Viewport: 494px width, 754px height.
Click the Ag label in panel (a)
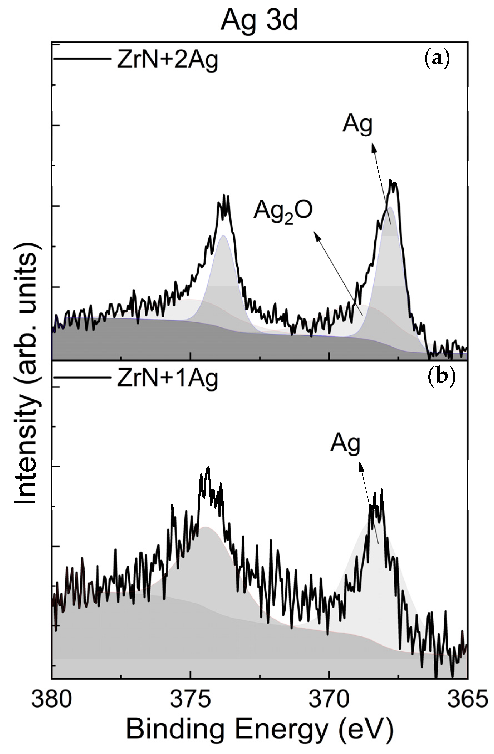[x=357, y=125]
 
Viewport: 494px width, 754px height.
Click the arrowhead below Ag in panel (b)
[x=360, y=464]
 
